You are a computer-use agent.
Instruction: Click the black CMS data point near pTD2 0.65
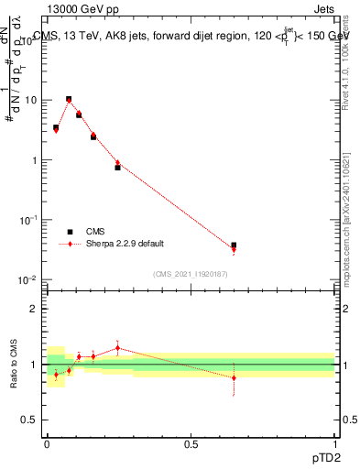[234, 245]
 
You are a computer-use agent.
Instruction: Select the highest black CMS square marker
[69, 99]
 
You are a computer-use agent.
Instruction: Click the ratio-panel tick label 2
[34, 309]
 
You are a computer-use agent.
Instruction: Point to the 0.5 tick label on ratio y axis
[29, 420]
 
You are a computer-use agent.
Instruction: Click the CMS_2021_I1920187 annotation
[190, 273]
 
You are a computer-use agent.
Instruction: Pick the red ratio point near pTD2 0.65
[234, 377]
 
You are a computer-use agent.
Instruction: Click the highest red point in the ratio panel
[117, 347]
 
